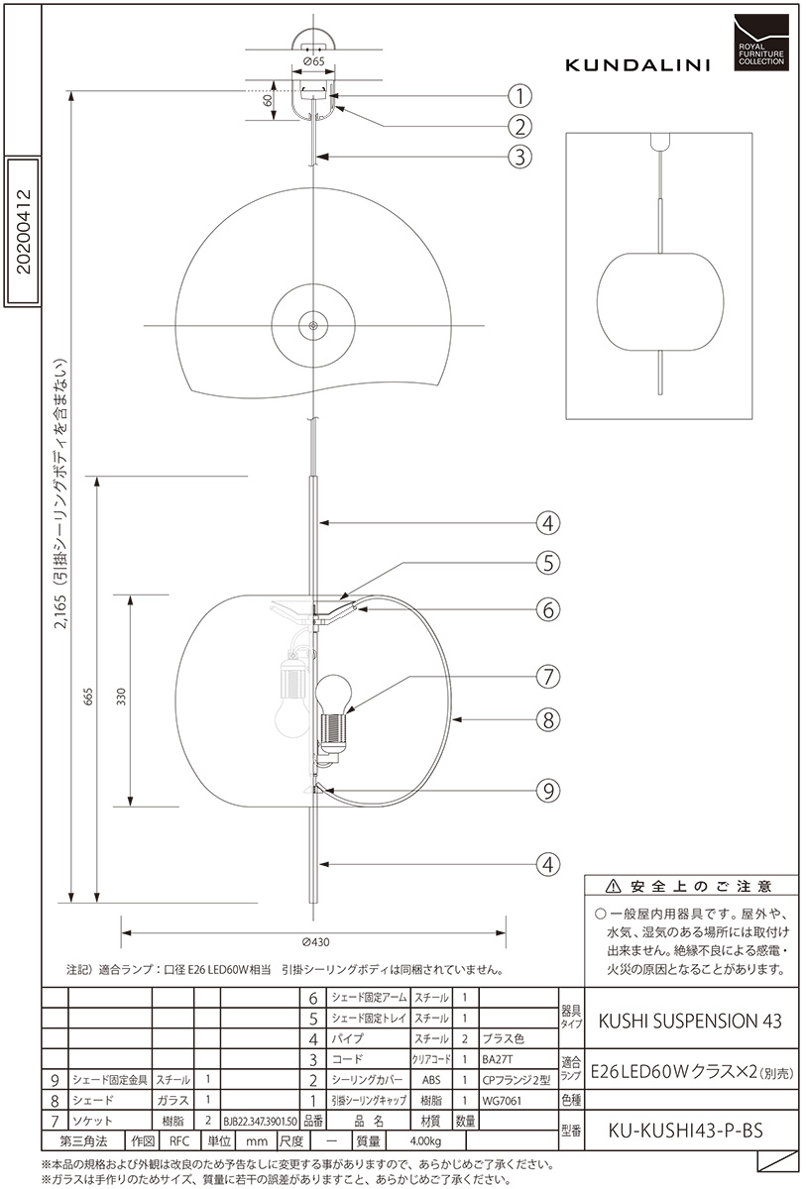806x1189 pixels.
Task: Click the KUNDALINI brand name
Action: coord(637,65)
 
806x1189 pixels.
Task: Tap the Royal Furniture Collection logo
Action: coord(761,43)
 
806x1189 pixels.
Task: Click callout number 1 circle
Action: coord(519,96)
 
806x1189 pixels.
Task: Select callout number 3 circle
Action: coord(519,157)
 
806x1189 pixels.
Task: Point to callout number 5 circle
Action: coord(548,563)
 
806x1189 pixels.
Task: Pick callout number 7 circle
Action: coord(548,677)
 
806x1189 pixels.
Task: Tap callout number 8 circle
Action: coord(548,719)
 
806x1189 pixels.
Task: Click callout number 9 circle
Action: coord(548,791)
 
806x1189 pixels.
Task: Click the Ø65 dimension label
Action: coord(314,61)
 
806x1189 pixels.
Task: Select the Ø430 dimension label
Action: coord(315,942)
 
